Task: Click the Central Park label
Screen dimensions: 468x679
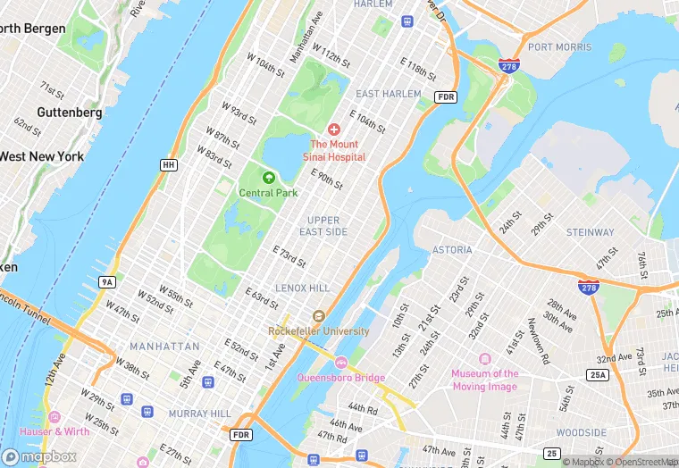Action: (268, 192)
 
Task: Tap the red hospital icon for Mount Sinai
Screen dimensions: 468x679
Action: (333, 130)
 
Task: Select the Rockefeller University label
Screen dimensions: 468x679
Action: (319, 331)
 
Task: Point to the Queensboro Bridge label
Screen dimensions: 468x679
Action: (340, 377)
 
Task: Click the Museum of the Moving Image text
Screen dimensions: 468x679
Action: (484, 380)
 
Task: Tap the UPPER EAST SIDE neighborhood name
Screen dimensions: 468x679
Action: (323, 226)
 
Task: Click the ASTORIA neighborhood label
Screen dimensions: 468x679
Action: (451, 250)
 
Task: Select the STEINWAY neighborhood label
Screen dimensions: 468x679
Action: (590, 232)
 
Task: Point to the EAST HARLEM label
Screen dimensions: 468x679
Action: (388, 94)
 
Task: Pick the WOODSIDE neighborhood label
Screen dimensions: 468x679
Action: (581, 432)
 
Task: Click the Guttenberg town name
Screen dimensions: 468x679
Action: (69, 113)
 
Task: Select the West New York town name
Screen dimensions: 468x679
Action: (42, 156)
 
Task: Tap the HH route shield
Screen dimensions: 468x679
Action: (168, 165)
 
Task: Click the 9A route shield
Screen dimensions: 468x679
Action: (107, 282)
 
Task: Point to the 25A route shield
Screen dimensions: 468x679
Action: (598, 374)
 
